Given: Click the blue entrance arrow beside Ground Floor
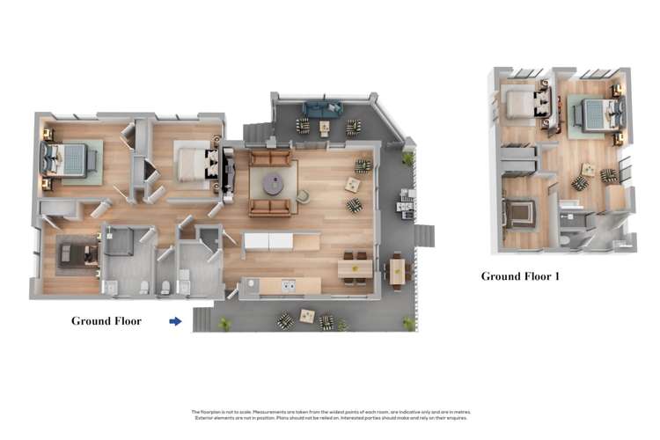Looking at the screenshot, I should click(175, 321).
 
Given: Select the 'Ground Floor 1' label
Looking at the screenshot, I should click(520, 276).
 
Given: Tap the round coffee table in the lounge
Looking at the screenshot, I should click(272, 183).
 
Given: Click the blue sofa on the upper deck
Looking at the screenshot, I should click(322, 109).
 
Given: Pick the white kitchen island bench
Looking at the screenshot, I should click(268, 240).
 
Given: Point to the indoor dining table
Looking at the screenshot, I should click(355, 268).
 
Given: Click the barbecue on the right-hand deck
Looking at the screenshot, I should click(406, 204).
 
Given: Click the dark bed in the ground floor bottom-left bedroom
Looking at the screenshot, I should click(77, 255).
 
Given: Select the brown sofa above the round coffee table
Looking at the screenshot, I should click(269, 158).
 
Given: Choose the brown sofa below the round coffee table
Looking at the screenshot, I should click(269, 208).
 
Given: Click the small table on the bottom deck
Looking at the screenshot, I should click(306, 315).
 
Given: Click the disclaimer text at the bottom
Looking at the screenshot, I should click(330, 414).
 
